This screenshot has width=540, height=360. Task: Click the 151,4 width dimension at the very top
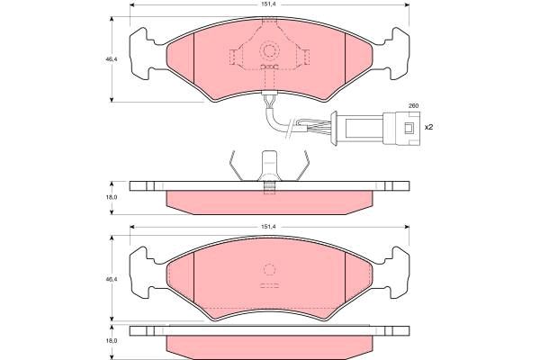point(269,4)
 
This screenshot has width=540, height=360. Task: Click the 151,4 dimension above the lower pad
point(269,227)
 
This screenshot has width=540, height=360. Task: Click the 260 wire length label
point(413,106)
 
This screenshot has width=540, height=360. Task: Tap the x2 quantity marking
point(428,127)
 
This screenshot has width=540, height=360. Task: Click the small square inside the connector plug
point(409,128)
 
